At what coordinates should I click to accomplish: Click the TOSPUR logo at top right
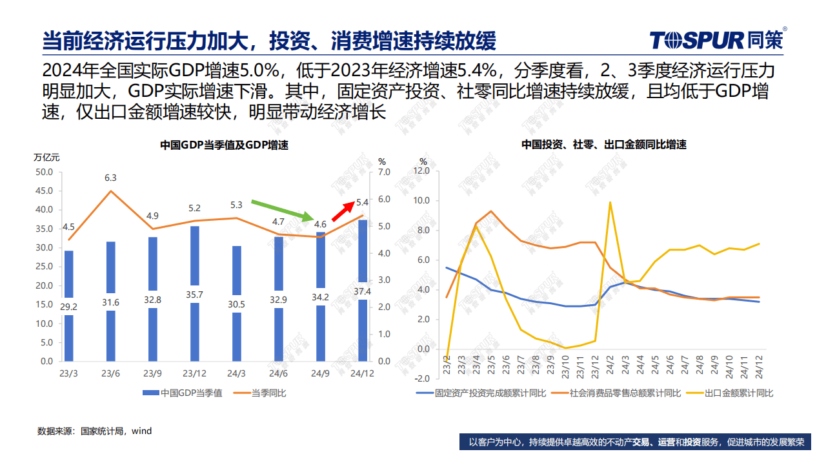coord(716,40)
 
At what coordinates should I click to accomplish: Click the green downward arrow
coord(282,211)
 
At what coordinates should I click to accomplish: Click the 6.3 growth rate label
coord(110,178)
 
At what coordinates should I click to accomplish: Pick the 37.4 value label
coord(363,291)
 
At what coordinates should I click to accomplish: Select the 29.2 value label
coord(68,306)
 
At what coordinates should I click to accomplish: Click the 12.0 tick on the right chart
coord(421,171)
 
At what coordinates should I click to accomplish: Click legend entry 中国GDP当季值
coord(182,393)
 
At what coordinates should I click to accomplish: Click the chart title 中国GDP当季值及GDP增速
coord(224,145)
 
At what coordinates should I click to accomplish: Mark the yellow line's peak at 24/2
coord(610,202)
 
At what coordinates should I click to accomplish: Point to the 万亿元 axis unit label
coord(46,157)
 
